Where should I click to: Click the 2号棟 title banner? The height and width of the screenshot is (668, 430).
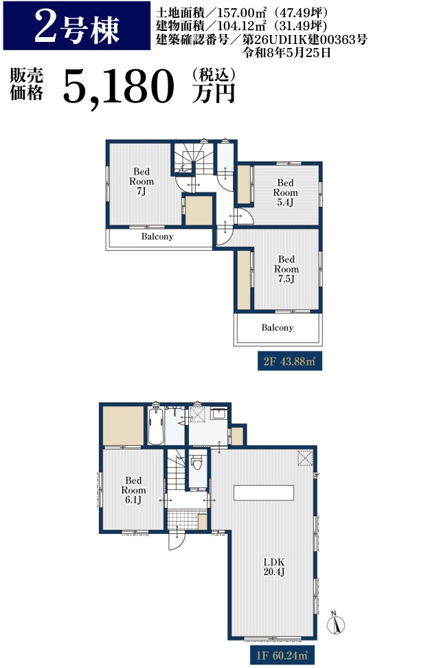tap(77, 25)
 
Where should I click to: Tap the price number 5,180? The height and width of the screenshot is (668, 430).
tap(119, 87)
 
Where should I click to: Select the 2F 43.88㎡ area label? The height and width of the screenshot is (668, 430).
tap(289, 361)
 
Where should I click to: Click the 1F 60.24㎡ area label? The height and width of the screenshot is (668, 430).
tap(282, 655)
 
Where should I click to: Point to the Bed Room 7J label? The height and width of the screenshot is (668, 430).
tap(142, 181)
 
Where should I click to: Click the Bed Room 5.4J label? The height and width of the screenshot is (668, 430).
tap(285, 192)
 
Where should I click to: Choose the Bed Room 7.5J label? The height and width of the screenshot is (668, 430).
tap(286, 269)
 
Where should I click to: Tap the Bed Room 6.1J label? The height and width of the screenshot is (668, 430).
tap(133, 490)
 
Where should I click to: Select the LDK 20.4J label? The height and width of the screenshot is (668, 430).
tap(274, 566)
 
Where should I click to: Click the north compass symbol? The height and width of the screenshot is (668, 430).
tap(335, 624)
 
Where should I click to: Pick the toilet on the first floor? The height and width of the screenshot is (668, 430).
tap(196, 463)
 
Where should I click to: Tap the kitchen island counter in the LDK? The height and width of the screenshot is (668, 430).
tap(264, 493)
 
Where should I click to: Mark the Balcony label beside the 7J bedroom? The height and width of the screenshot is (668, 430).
tap(157, 236)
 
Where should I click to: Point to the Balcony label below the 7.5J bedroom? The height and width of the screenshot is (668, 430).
tap(277, 328)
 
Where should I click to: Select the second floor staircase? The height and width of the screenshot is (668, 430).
tap(194, 159)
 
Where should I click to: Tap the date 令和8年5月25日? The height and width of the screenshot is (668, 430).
tap(286, 53)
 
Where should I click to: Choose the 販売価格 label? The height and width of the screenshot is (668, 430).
tap(26, 84)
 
